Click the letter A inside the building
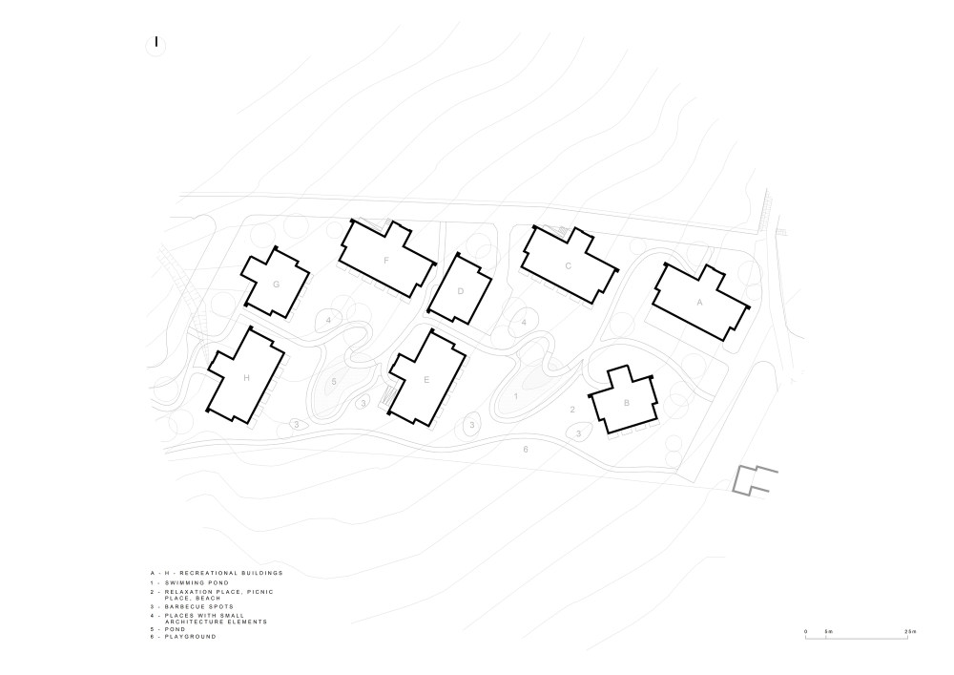point(699,302)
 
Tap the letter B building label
point(627,403)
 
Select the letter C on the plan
point(569,266)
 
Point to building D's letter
point(461,291)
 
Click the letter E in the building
point(426,380)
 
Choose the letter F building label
point(386,261)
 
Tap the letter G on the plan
point(277,285)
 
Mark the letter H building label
point(246,378)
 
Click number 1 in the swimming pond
point(516,397)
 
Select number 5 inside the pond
point(334,382)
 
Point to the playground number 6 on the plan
point(526,450)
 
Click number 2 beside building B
point(572,410)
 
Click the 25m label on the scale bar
point(910,632)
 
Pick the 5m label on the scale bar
point(828,632)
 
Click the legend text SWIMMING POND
point(197,583)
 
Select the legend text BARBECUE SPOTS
point(199,607)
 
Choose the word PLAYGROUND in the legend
point(191,637)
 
